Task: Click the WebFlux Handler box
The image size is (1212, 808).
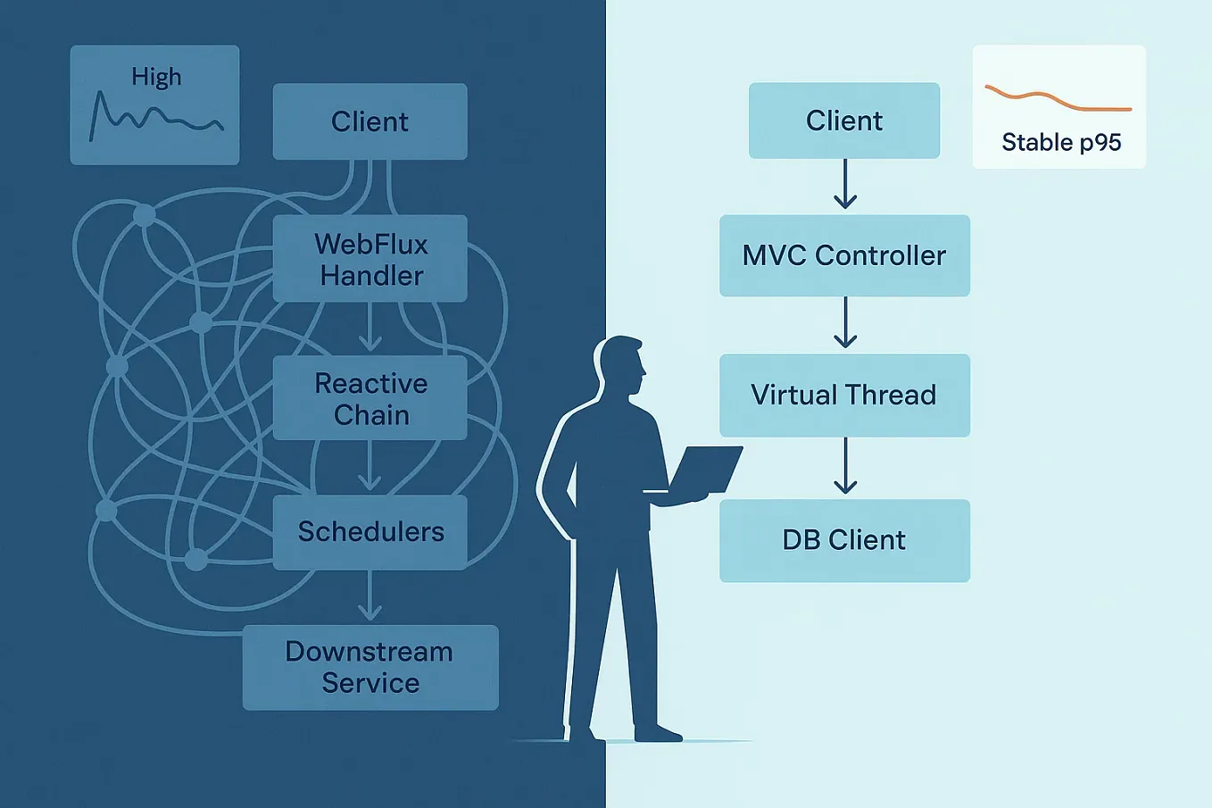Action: click(369, 259)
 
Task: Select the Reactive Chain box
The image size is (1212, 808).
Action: click(369, 398)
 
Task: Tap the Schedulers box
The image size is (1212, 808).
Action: click(369, 532)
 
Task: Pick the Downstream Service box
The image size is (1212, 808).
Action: click(369, 667)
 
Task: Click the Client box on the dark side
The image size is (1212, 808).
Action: click(369, 121)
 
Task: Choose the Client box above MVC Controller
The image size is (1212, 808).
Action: click(843, 121)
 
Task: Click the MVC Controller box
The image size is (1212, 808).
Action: click(843, 255)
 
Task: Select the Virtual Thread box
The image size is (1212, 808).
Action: click(843, 395)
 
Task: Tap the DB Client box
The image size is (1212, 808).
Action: click(843, 540)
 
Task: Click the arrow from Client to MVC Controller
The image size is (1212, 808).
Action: click(844, 185)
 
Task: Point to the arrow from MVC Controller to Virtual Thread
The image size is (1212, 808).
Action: click(844, 323)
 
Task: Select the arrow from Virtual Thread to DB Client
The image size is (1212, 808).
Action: click(844, 467)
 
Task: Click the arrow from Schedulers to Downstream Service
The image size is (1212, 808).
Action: click(369, 596)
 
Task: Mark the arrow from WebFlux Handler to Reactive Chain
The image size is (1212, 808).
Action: click(369, 329)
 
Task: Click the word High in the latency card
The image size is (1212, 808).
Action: click(156, 77)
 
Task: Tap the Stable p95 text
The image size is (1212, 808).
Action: click(1061, 142)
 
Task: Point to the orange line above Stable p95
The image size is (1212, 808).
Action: click(1058, 100)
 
